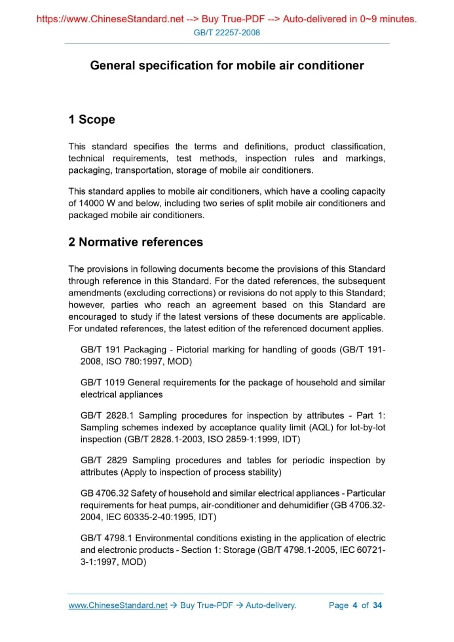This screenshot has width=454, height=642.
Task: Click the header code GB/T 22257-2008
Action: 227,33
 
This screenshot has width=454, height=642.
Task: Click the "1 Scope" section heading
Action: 92,119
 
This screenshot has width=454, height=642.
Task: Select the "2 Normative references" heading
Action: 136,242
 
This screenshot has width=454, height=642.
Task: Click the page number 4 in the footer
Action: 354,605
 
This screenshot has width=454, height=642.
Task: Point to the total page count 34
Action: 377,605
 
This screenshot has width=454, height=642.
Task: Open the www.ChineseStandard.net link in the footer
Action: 118,605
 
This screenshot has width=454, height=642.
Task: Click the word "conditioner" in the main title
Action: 328,66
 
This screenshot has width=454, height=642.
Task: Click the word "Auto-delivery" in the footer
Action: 271,605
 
